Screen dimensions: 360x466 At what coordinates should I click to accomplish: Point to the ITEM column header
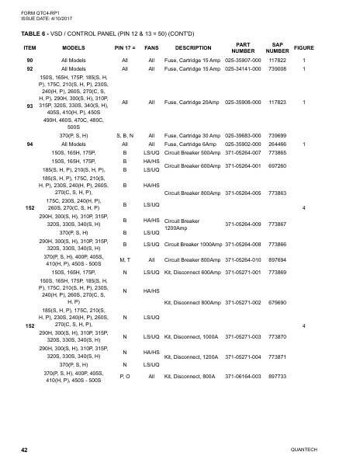coord(29,47)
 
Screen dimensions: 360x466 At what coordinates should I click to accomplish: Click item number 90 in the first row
coord(29,61)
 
